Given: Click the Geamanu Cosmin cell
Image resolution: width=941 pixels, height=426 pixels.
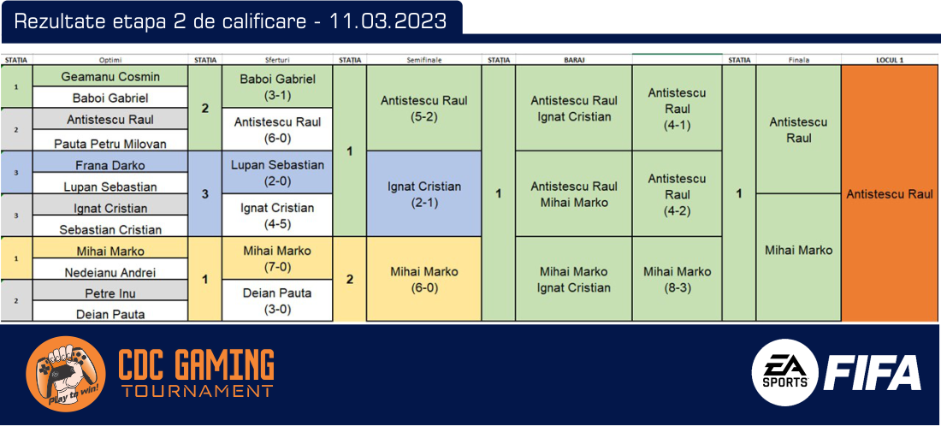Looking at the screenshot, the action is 110,76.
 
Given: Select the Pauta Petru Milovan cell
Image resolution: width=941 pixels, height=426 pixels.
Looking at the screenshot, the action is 110,140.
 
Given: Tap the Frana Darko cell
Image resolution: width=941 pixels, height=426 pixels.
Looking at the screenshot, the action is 110,162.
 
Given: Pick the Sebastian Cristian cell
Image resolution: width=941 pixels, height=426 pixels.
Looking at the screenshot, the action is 110,226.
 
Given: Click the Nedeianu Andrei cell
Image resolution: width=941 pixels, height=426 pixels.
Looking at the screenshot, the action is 110,269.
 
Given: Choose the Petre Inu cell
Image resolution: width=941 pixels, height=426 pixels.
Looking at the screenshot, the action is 110,290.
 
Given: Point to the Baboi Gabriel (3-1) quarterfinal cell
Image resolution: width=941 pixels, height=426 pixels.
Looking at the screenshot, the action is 277,86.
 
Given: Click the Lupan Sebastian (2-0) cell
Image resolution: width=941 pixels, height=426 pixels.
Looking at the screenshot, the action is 277,172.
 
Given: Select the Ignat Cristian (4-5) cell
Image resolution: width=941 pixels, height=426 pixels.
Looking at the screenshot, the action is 277,215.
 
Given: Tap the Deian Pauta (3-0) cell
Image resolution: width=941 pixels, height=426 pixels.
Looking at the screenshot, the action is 277,300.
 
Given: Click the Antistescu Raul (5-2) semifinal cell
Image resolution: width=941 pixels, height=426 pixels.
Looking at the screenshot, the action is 424,108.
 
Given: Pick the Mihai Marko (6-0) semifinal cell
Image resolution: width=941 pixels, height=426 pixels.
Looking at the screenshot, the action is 424,279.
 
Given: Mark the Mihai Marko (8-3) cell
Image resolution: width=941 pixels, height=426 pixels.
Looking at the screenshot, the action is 678,279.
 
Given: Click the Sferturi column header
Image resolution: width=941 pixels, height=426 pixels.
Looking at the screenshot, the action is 277,60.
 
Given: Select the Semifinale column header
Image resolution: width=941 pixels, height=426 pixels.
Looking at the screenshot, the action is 424,60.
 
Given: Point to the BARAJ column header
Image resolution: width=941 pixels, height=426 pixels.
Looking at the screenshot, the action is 574,60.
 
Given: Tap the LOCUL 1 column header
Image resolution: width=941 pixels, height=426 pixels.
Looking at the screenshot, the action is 890,60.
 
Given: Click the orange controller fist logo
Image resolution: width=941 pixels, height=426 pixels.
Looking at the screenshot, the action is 66,374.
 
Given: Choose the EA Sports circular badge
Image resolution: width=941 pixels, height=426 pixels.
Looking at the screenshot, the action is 785,373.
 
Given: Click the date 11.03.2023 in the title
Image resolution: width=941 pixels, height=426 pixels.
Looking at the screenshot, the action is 388,21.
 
